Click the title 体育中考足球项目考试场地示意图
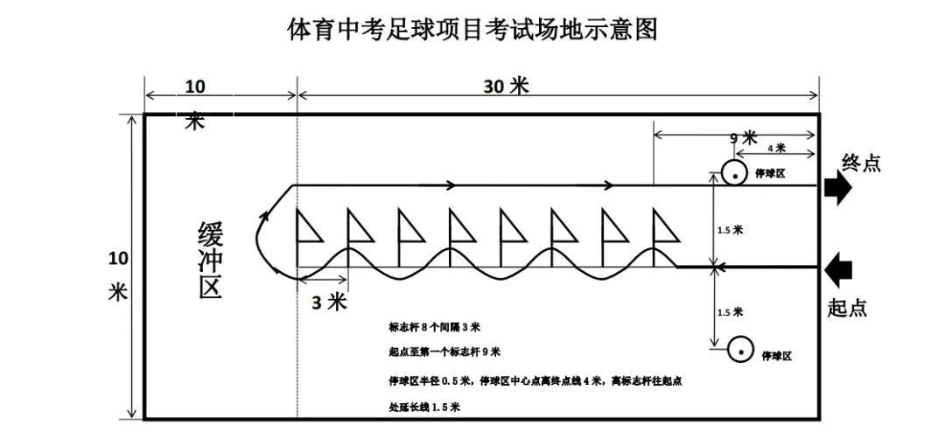tap(472, 30)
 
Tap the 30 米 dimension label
tap(507, 86)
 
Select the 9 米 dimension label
tap(743, 137)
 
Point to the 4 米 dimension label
tap(775, 148)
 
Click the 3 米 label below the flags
tap(330, 302)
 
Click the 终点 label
tap(861, 163)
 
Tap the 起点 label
tap(848, 308)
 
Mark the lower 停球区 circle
tap(741, 350)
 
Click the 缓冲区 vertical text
tap(211, 261)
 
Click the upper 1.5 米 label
tap(730, 230)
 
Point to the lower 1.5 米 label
tap(730, 311)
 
